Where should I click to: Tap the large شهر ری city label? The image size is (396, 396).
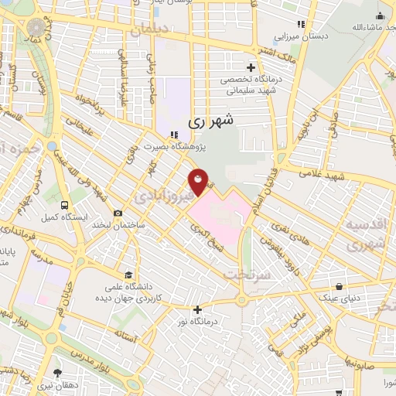click(209, 121)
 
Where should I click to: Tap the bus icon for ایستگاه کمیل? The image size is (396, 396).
click(64, 206)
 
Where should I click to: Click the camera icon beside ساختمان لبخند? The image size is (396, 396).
click(117, 213)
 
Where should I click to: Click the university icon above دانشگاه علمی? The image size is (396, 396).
click(128, 275)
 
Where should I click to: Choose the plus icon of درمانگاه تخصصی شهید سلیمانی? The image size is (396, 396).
click(250, 67)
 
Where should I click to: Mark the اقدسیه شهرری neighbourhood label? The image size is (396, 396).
click(364, 234)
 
